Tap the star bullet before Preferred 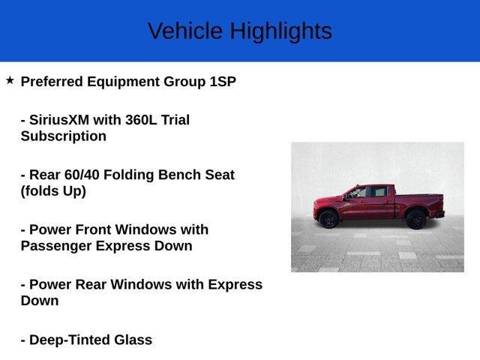coord(10,80)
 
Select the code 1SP coord(223,82)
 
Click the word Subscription coord(63,136)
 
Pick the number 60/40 coord(82,175)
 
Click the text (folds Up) coord(53,191)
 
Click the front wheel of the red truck coord(328,219)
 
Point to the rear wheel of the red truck coord(415,219)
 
